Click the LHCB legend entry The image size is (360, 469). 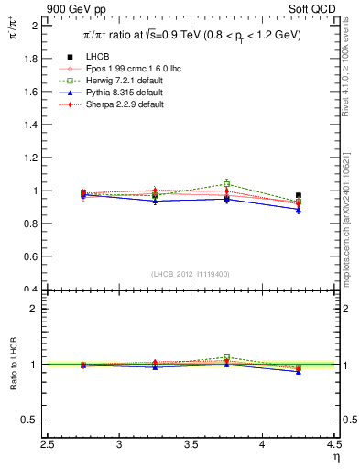99,56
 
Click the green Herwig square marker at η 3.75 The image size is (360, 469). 226,184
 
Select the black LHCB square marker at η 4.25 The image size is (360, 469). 299,196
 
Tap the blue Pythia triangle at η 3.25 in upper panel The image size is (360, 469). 155,201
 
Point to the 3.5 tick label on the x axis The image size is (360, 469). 191,444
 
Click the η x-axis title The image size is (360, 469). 334,456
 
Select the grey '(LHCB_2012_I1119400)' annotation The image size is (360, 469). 191,273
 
